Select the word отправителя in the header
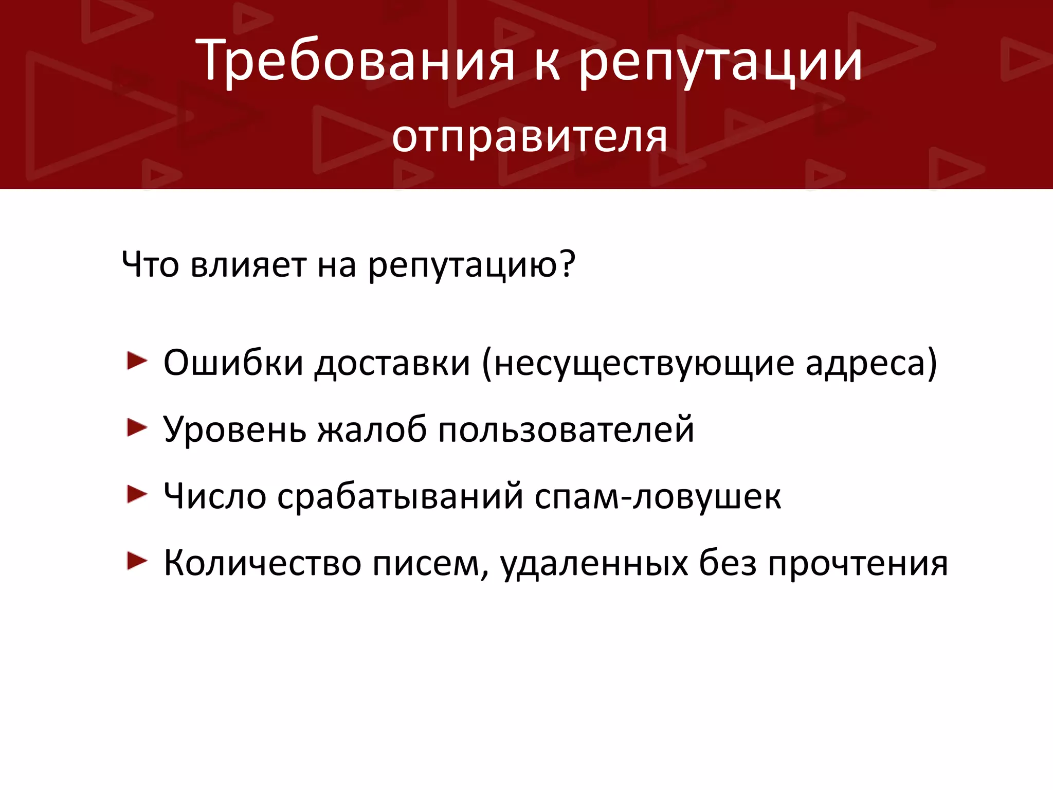(x=530, y=138)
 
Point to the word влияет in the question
(x=248, y=265)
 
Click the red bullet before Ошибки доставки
(x=137, y=361)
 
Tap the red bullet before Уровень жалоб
(x=137, y=428)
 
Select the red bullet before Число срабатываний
(x=137, y=495)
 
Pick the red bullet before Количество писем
(x=137, y=561)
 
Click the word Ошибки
(x=233, y=363)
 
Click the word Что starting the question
(x=151, y=265)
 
